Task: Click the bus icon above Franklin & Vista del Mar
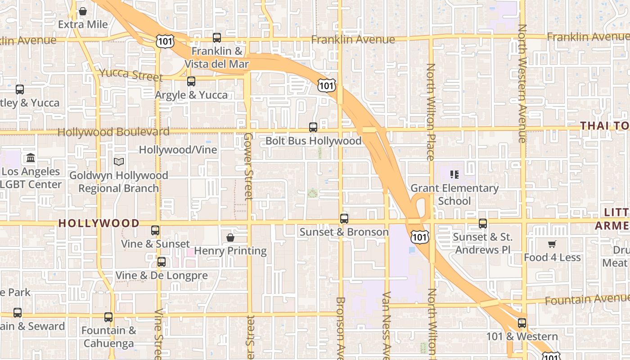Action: pos(217,38)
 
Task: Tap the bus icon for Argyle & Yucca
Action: pos(191,81)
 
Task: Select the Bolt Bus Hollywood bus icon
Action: pos(313,127)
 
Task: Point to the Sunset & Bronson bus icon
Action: pos(344,219)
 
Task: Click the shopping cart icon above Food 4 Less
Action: pos(552,244)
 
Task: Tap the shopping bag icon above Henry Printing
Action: pos(230,237)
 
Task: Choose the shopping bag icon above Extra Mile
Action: pos(83,11)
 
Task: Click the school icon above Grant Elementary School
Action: pos(454,174)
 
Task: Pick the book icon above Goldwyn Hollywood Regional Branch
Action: pos(119,162)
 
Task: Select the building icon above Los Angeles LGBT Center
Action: pos(31,158)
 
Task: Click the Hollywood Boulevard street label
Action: pos(113,132)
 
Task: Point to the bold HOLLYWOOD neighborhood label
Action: pos(99,223)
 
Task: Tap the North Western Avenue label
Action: pos(522,83)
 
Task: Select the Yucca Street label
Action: pos(130,74)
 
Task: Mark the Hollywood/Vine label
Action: pos(178,150)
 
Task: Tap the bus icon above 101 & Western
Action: pos(522,323)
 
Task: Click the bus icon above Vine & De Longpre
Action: pos(162,261)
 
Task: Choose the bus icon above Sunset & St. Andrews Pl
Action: pos(483,223)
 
